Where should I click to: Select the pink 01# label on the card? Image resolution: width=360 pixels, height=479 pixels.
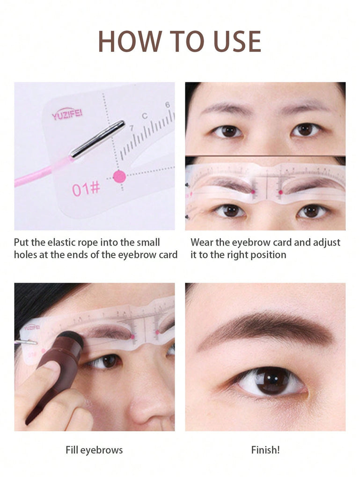coord(86,189)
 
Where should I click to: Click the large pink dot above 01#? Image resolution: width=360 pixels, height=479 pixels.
coord(119,176)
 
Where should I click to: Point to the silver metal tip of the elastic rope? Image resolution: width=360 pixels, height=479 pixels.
coord(97,139)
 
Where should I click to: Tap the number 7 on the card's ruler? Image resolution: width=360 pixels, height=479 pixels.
coord(132,128)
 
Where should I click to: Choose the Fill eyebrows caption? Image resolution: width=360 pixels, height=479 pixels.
coord(94,450)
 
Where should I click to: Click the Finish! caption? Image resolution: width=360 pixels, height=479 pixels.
coord(265,450)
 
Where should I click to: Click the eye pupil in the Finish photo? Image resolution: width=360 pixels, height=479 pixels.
coord(272,380)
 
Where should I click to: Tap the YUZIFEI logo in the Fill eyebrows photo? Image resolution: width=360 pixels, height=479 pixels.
coord(31,327)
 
